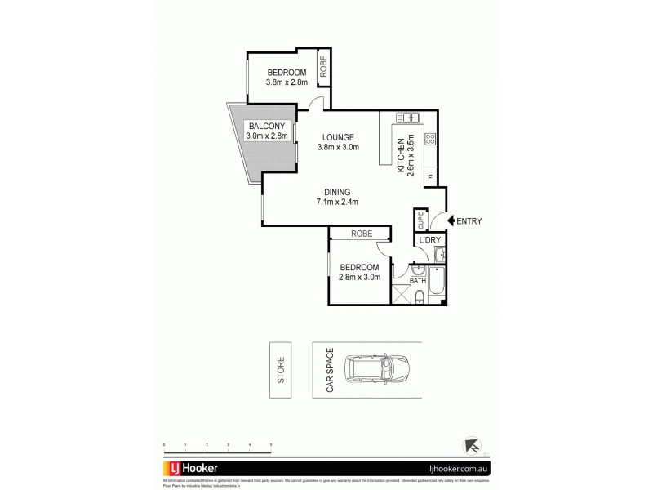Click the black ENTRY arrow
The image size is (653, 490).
(x=452, y=219)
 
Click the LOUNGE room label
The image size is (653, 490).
(x=337, y=136)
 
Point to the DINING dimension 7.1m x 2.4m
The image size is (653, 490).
(x=338, y=202)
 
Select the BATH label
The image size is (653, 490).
(x=418, y=281)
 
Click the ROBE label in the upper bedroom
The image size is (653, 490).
(x=324, y=65)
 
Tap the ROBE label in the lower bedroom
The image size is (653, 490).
(x=362, y=234)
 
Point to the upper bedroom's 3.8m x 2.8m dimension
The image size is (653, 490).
(x=286, y=82)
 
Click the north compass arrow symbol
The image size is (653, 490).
(x=471, y=444)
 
